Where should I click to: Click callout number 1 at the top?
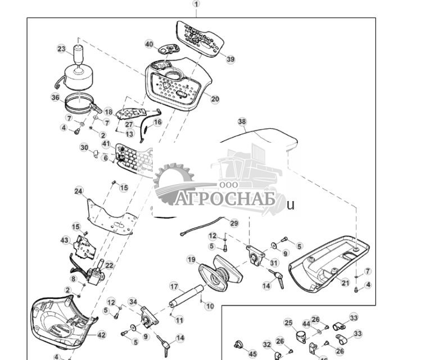click(x=196, y=4)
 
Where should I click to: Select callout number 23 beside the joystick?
click(x=61, y=49)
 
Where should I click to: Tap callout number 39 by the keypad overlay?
click(x=230, y=59)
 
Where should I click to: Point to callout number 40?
click(x=149, y=44)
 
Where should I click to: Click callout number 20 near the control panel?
click(x=215, y=99)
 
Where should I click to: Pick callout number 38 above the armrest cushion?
click(x=242, y=121)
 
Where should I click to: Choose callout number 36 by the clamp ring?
click(x=55, y=97)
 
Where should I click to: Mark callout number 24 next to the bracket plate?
click(x=79, y=191)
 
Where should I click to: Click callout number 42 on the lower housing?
click(x=101, y=335)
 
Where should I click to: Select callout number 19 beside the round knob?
click(x=191, y=259)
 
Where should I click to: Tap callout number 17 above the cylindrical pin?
click(x=174, y=286)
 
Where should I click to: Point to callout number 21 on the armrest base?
click(x=345, y=282)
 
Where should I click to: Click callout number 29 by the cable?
click(x=234, y=223)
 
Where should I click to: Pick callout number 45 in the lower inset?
click(x=252, y=354)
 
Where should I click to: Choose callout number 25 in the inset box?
click(x=288, y=323)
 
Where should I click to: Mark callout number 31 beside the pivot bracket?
click(x=274, y=262)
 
